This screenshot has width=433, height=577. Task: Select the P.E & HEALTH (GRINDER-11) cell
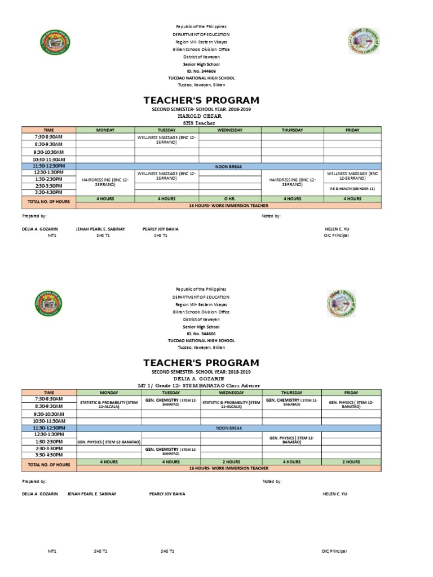355,188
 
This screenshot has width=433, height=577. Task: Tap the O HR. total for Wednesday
229,199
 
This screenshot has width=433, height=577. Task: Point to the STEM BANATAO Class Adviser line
201,385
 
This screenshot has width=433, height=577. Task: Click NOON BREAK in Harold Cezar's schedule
229,166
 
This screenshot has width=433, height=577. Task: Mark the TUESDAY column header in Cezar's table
167,130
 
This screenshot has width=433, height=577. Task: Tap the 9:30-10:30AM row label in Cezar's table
48,152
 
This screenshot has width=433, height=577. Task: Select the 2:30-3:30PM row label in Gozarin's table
48,447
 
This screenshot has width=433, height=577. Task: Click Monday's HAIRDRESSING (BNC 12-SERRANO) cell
105,181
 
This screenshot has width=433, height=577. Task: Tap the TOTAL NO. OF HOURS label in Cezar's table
48,201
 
